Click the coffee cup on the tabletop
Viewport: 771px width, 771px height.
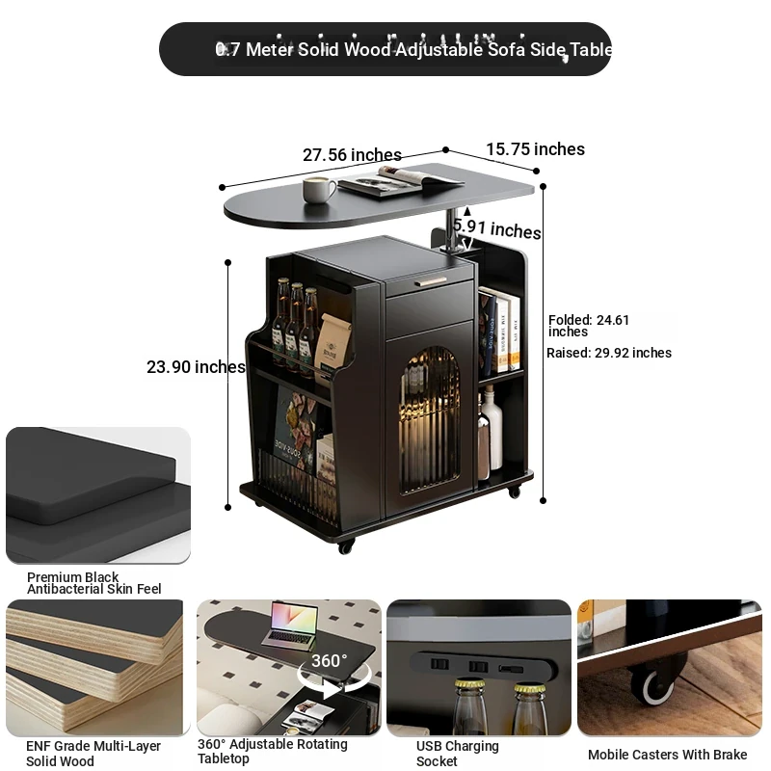319,189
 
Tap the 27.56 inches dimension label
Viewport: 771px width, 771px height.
352,155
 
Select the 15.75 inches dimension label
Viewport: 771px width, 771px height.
536,149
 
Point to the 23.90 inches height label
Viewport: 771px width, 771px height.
196,367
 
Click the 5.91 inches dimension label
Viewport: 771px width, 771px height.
496,228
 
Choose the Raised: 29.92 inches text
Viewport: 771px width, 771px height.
609,353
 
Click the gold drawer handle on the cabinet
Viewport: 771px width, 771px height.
430,282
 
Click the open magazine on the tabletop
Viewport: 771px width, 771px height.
401,181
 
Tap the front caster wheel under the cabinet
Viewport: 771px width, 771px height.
346,545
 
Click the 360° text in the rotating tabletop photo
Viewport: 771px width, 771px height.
329,660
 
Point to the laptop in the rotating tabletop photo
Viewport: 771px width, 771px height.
291,624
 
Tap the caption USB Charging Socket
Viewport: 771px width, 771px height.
457,754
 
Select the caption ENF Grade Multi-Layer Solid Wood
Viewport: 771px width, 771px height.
93,754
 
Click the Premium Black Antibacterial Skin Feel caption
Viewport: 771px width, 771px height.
93,583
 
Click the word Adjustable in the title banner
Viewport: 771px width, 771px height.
439,50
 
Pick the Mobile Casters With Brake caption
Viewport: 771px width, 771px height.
667,755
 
